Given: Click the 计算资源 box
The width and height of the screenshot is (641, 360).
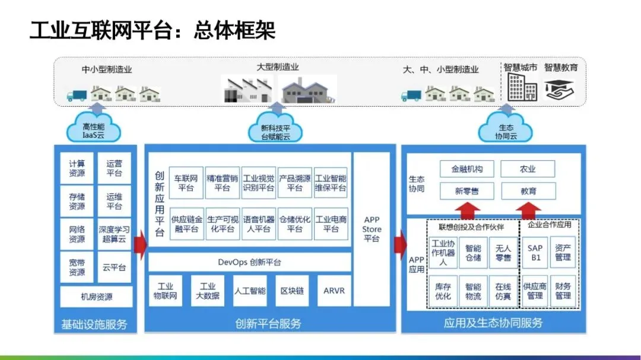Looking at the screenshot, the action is point(77,168).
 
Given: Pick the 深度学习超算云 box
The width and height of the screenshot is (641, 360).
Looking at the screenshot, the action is point(114,234).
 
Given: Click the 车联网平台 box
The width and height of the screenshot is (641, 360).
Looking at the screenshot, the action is point(186,183).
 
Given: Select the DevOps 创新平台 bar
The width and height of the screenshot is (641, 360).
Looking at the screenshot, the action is point(249,262).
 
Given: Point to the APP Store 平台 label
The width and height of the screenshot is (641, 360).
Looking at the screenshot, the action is point(372,230).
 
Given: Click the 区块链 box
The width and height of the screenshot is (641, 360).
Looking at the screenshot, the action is point(292,291).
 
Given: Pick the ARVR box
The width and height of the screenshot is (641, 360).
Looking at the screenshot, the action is point(334,291).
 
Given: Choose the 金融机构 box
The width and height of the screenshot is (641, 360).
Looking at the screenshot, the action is point(467,169).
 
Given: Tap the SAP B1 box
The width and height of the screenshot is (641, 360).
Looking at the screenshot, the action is point(535,252).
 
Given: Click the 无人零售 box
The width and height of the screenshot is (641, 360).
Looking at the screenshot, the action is point(503,252).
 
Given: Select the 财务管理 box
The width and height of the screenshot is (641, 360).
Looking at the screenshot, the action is point(563,291).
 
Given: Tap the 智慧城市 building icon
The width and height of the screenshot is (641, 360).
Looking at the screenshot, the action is point(522,87).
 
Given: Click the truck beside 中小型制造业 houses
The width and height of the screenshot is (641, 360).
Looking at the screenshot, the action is point(76,94).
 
